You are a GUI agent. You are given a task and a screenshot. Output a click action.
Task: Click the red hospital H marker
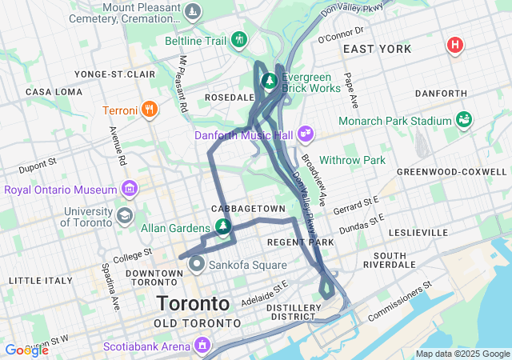pos(454,45)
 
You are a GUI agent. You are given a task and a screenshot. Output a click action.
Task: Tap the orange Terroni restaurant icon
pos(149,110)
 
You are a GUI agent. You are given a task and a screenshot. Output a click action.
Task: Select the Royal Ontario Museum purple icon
pos(129,190)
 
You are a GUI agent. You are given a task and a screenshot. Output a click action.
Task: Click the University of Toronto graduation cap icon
pos(124,216)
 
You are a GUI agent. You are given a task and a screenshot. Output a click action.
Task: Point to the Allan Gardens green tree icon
pos(222,228)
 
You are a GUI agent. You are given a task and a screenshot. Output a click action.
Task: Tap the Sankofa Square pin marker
pos(195,264)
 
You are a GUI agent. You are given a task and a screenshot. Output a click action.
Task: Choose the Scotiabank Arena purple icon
pos(202,346)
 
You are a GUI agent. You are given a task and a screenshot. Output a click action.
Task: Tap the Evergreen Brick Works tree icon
pos(270,82)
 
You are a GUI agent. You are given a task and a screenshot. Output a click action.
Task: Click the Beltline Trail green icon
pos(238,39)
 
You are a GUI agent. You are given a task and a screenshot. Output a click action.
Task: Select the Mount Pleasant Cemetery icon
pos(192,12)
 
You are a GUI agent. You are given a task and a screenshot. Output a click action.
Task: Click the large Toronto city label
pos(193,304)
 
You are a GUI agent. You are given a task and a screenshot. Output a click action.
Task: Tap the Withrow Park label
pos(353,160)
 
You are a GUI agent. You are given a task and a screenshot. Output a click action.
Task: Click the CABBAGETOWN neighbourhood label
pos(248,208)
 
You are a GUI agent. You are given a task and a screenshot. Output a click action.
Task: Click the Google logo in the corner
pos(26,350)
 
